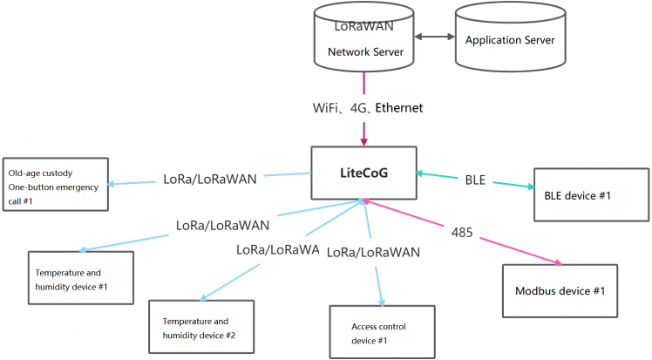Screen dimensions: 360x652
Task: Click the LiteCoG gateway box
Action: coord(364,173)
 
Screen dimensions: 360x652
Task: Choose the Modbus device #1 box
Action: coord(560,290)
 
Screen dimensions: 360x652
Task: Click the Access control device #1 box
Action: coord(381,332)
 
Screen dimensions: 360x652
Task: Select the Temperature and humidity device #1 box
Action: coord(81,278)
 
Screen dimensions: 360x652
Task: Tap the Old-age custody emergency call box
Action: coord(57,183)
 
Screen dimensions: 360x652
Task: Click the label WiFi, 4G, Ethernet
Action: coord(368,108)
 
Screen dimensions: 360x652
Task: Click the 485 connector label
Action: coord(463,233)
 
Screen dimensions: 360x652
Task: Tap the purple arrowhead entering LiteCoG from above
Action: coord(364,139)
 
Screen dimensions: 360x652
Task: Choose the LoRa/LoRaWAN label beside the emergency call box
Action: coord(210,179)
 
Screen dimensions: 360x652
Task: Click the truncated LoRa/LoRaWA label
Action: coord(276,248)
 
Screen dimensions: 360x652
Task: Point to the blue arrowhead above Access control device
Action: coord(380,300)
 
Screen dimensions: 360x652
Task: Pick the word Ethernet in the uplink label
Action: coord(399,108)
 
